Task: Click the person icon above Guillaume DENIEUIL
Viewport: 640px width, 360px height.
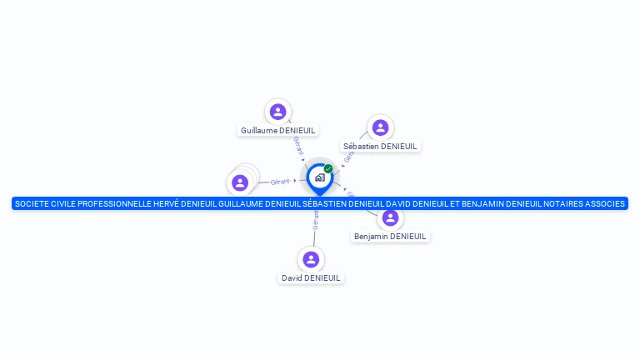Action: [x=278, y=112]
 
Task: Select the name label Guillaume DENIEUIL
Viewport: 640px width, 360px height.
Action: [x=278, y=130]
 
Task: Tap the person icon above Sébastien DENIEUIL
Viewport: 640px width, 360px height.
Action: [x=380, y=127]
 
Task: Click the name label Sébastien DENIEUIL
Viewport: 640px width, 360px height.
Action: [x=380, y=146]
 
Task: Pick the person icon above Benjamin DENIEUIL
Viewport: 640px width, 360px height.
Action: [x=390, y=218]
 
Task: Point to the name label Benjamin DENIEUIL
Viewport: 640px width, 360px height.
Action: [x=390, y=237]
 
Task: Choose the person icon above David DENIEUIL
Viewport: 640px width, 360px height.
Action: [x=311, y=259]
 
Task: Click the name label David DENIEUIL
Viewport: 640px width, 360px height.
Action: [x=311, y=277]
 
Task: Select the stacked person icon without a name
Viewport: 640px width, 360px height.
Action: [x=241, y=182]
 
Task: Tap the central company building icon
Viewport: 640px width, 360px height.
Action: [x=319, y=177]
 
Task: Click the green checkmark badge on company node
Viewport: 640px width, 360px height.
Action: [x=328, y=168]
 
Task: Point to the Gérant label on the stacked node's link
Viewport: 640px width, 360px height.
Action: [x=280, y=181]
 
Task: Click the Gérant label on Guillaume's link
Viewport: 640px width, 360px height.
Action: [x=298, y=147]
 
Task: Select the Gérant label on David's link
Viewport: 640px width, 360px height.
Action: [x=315, y=219]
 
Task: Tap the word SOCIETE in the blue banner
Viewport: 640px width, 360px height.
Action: [x=32, y=203]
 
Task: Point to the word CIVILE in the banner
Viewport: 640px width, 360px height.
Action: [x=66, y=203]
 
